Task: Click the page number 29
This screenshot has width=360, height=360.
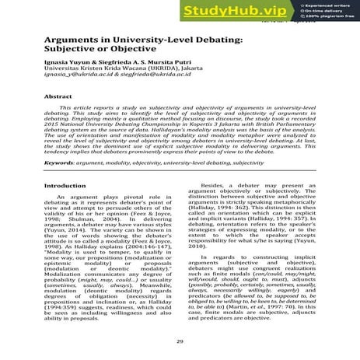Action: coord(180,340)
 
